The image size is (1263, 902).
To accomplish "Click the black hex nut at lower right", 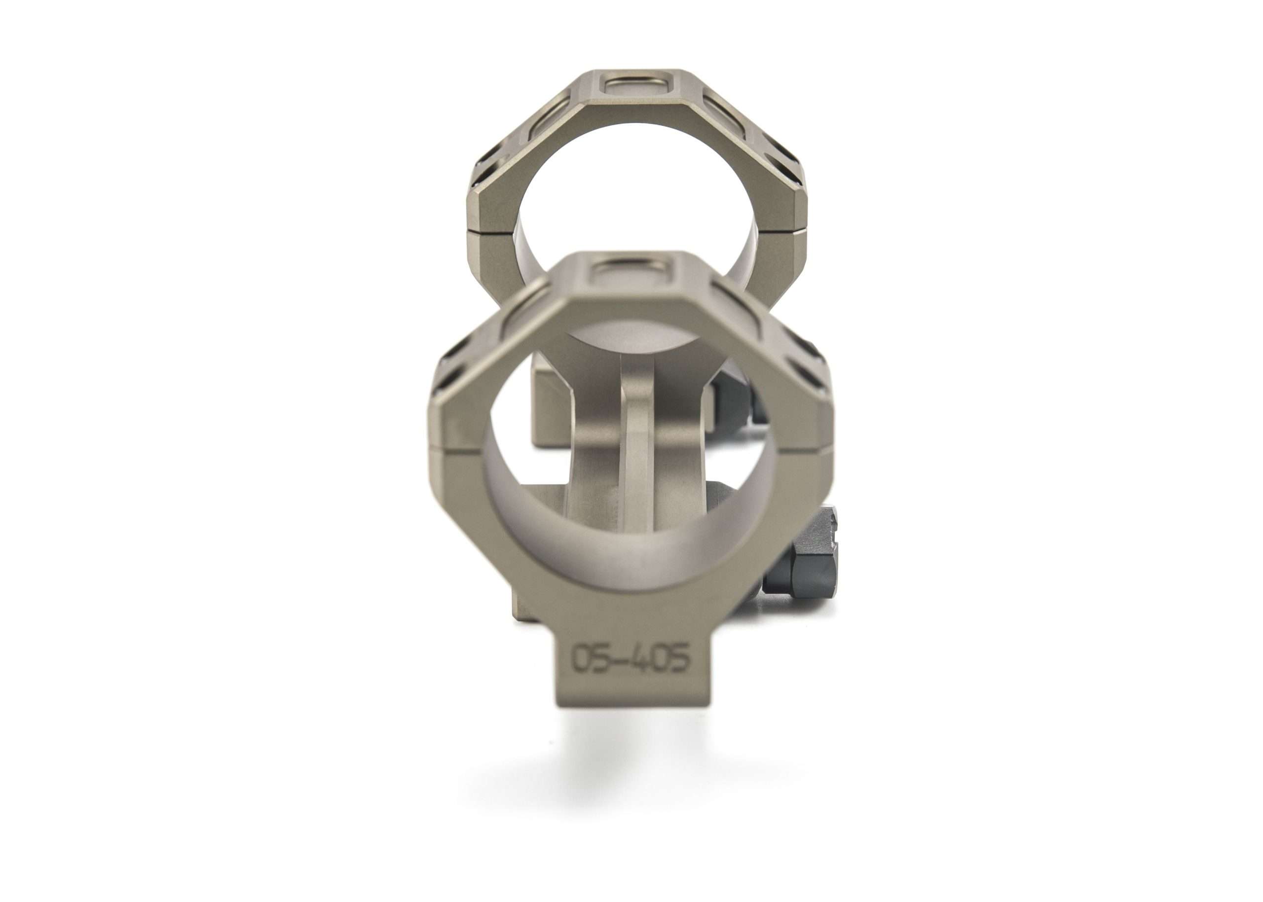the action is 800,578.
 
